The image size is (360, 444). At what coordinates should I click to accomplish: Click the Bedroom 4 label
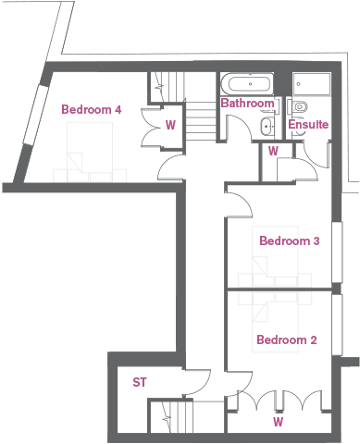92,109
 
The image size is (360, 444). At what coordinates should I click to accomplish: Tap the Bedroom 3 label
290,240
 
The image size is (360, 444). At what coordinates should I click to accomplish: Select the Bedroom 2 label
287,339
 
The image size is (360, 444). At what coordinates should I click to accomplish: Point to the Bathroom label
247,103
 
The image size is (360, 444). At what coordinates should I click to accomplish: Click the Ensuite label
308,124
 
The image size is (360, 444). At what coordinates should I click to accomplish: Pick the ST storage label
140,382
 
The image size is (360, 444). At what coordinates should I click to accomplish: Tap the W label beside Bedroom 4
170,125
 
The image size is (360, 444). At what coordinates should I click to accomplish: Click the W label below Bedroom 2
278,422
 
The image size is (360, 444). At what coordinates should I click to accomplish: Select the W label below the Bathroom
273,151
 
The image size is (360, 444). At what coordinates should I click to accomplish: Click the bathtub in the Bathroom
251,83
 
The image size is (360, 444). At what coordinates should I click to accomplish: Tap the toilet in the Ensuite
299,106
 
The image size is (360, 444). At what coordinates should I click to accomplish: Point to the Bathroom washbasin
267,126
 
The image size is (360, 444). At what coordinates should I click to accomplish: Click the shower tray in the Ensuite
312,83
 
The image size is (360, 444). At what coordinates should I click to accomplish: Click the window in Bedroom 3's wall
337,253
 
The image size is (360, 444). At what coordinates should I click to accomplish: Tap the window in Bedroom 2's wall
337,325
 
